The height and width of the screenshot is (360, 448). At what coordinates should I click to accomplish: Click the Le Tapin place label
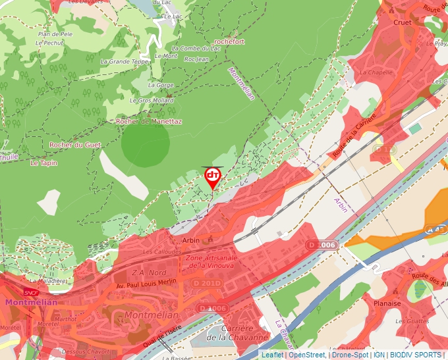point(44,162)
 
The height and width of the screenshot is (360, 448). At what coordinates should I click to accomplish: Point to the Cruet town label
point(402,22)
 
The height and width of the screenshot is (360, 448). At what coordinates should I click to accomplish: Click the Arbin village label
point(190,241)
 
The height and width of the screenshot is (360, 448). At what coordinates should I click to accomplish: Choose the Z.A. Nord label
point(150,272)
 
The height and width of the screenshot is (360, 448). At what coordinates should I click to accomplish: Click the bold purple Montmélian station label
point(31,302)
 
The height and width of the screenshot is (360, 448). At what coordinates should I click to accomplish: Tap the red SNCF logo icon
point(31,292)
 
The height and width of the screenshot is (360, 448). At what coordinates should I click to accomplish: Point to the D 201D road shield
point(209,283)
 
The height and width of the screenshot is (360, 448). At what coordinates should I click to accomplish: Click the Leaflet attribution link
point(272,355)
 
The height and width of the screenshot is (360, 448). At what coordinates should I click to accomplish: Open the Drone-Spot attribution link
point(350,355)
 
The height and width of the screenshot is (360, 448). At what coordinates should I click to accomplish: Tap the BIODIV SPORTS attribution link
point(416,355)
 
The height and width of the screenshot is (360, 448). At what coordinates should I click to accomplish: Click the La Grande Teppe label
point(125,62)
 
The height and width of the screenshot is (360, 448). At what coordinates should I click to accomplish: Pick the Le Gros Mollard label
point(152,101)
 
